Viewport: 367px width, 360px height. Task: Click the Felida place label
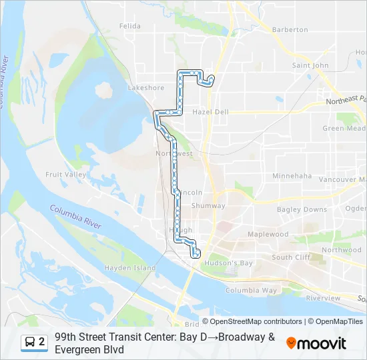pyautogui.click(x=130, y=26)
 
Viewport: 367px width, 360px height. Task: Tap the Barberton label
pyautogui.click(x=290, y=29)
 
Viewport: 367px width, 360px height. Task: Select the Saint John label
pyautogui.click(x=310, y=65)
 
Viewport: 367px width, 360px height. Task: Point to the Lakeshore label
pyautogui.click(x=145, y=87)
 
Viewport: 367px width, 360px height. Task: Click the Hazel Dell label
pyautogui.click(x=210, y=112)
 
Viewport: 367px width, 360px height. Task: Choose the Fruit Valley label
pyautogui.click(x=65, y=175)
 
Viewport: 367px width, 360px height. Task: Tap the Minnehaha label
pyautogui.click(x=292, y=176)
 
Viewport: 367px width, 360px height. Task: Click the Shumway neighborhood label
pyautogui.click(x=208, y=206)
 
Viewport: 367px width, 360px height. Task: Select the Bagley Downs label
pyautogui.click(x=302, y=209)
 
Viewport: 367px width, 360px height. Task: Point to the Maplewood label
pyautogui.click(x=268, y=235)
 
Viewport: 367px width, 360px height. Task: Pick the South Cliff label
pyautogui.click(x=291, y=257)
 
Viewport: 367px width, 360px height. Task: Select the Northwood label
pyautogui.click(x=341, y=250)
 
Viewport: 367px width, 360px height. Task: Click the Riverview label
pyautogui.click(x=323, y=298)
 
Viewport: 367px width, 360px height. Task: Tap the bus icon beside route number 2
pyautogui.click(x=30, y=342)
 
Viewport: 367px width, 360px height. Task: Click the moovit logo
pyautogui.click(x=316, y=343)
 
